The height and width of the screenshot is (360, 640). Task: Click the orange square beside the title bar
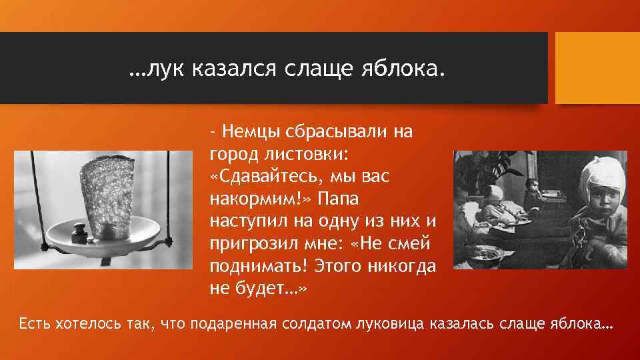pyautogui.click(x=597, y=68)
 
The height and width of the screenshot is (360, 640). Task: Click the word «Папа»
pyautogui.click(x=340, y=199)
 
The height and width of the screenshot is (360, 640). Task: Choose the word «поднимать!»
pyautogui.click(x=257, y=267)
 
